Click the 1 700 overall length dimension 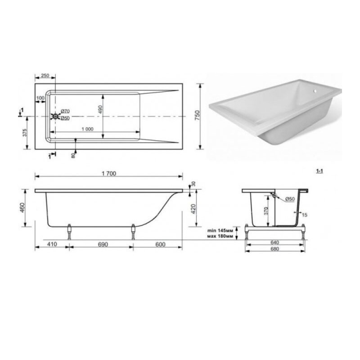109,174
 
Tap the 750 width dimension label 197,116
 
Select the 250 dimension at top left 45,75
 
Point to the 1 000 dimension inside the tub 87,129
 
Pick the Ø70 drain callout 65,111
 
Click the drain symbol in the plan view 55,117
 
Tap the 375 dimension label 25,133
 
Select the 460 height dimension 22,208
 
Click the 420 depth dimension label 193,209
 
